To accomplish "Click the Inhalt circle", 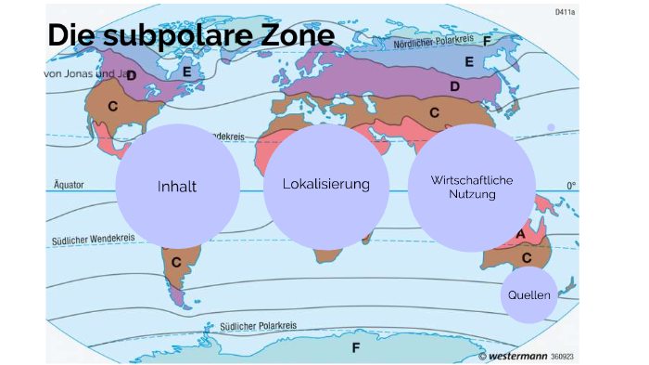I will point(177,186).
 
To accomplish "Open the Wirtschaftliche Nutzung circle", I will point(472,188).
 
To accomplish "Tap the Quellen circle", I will point(529,295).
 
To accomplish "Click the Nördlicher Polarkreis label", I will point(435,43).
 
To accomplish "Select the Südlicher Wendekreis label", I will point(94,240).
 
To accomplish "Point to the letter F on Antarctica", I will point(354,348).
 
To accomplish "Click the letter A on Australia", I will point(521,233).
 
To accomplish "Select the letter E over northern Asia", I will point(469,62).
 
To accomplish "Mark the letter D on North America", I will point(131,75).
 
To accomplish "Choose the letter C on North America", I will point(112,107).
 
